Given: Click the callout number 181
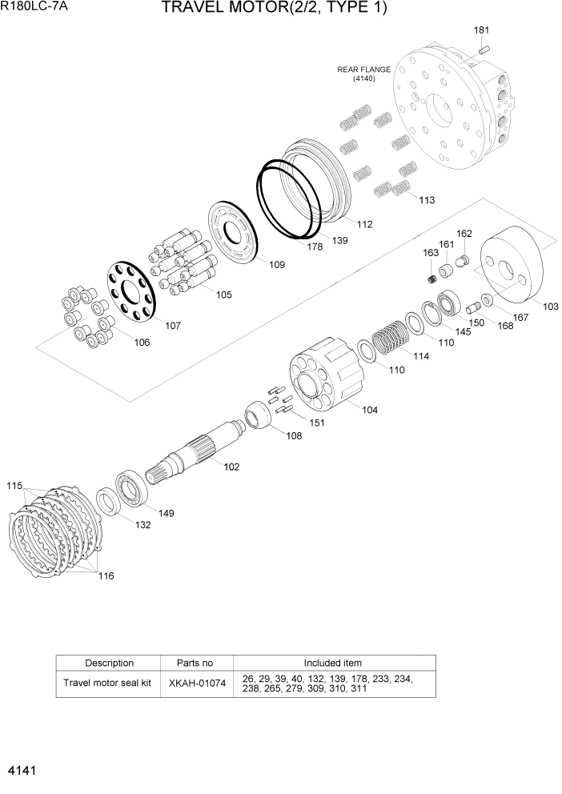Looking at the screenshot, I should [x=481, y=30].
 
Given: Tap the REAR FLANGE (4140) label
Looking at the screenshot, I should [x=363, y=74].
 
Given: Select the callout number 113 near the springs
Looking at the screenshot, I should [x=427, y=200].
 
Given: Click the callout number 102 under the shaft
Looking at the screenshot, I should [x=231, y=466].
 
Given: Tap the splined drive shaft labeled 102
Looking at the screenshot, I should [x=196, y=452].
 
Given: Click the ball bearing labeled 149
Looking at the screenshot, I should [x=131, y=487].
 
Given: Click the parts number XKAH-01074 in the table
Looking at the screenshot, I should [x=195, y=683].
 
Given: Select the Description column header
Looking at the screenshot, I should [x=109, y=663].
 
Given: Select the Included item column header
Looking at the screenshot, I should [x=332, y=663].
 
